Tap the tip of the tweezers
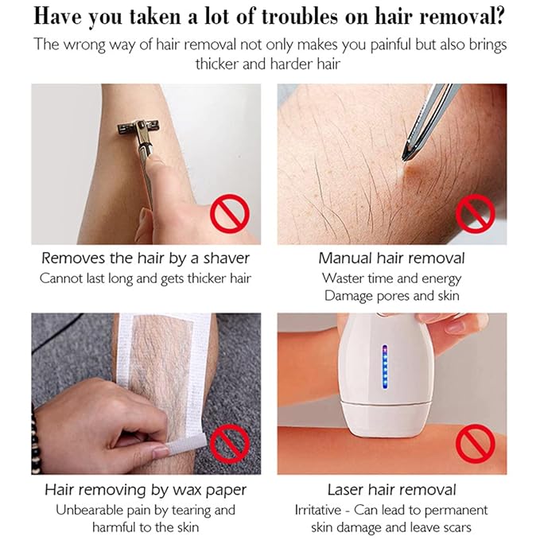coord(404,159)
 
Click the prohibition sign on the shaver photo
coord(229,213)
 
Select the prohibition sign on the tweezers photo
coord(476,213)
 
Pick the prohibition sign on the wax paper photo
coord(229,444)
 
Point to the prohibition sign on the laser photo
coord(476,444)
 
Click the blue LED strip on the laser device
coord(385,367)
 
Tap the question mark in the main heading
coord(499,16)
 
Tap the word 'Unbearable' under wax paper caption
coord(90,510)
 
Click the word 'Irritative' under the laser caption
coord(318,510)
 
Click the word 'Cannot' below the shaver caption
coord(61,278)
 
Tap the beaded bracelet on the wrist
coord(34,441)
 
